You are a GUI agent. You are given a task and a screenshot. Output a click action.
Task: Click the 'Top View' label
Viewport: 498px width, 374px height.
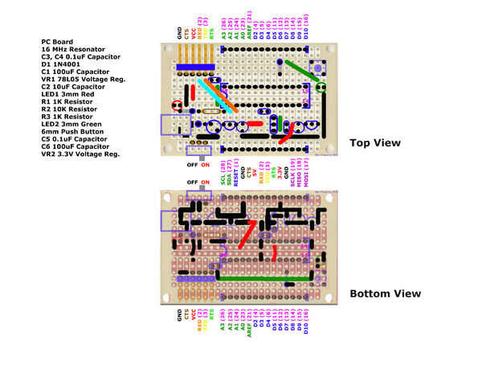coord(374,143)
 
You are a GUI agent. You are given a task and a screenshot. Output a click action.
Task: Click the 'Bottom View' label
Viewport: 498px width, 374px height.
coord(385,294)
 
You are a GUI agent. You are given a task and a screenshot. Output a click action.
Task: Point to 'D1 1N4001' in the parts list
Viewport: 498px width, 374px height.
coord(63,64)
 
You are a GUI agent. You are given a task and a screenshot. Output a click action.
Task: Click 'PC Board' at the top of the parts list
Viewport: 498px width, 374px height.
coord(57,41)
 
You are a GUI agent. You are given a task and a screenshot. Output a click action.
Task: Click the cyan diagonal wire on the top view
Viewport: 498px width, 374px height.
coord(216,95)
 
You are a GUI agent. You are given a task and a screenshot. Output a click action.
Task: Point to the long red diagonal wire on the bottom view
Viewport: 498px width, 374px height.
coord(248,233)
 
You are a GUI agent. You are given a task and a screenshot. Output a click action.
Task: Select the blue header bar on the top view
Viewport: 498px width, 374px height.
coord(190,66)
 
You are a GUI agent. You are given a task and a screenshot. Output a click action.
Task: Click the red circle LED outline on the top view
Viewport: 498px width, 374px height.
coord(176,105)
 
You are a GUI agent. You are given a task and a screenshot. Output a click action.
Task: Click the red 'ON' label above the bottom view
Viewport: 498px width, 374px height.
coord(206,183)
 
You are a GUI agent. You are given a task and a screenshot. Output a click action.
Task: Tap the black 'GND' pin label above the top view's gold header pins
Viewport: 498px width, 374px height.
coord(179,33)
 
